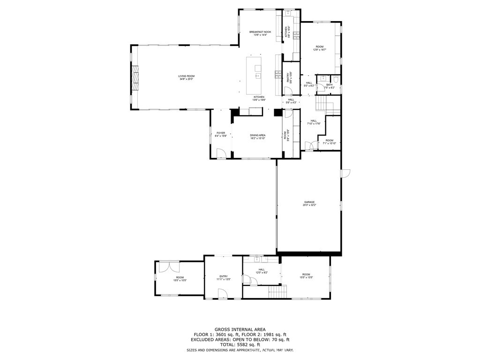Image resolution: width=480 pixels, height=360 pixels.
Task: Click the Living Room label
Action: (186, 76)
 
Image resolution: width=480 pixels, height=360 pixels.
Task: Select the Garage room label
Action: (308, 202)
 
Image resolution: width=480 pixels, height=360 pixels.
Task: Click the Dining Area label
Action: (257, 135)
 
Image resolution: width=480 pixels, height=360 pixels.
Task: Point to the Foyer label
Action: (221, 133)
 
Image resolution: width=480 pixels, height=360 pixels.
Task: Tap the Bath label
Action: (329, 85)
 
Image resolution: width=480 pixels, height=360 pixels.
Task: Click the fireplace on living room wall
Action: (135, 77)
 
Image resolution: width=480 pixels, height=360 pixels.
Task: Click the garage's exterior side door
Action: (345, 173)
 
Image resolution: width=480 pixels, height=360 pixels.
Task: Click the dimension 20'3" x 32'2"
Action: (308, 205)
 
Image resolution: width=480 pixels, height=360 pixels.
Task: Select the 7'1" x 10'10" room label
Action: (330, 142)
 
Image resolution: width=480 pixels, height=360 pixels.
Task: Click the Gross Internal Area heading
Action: (240, 330)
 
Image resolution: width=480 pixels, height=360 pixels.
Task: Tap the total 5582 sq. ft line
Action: (240, 345)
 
